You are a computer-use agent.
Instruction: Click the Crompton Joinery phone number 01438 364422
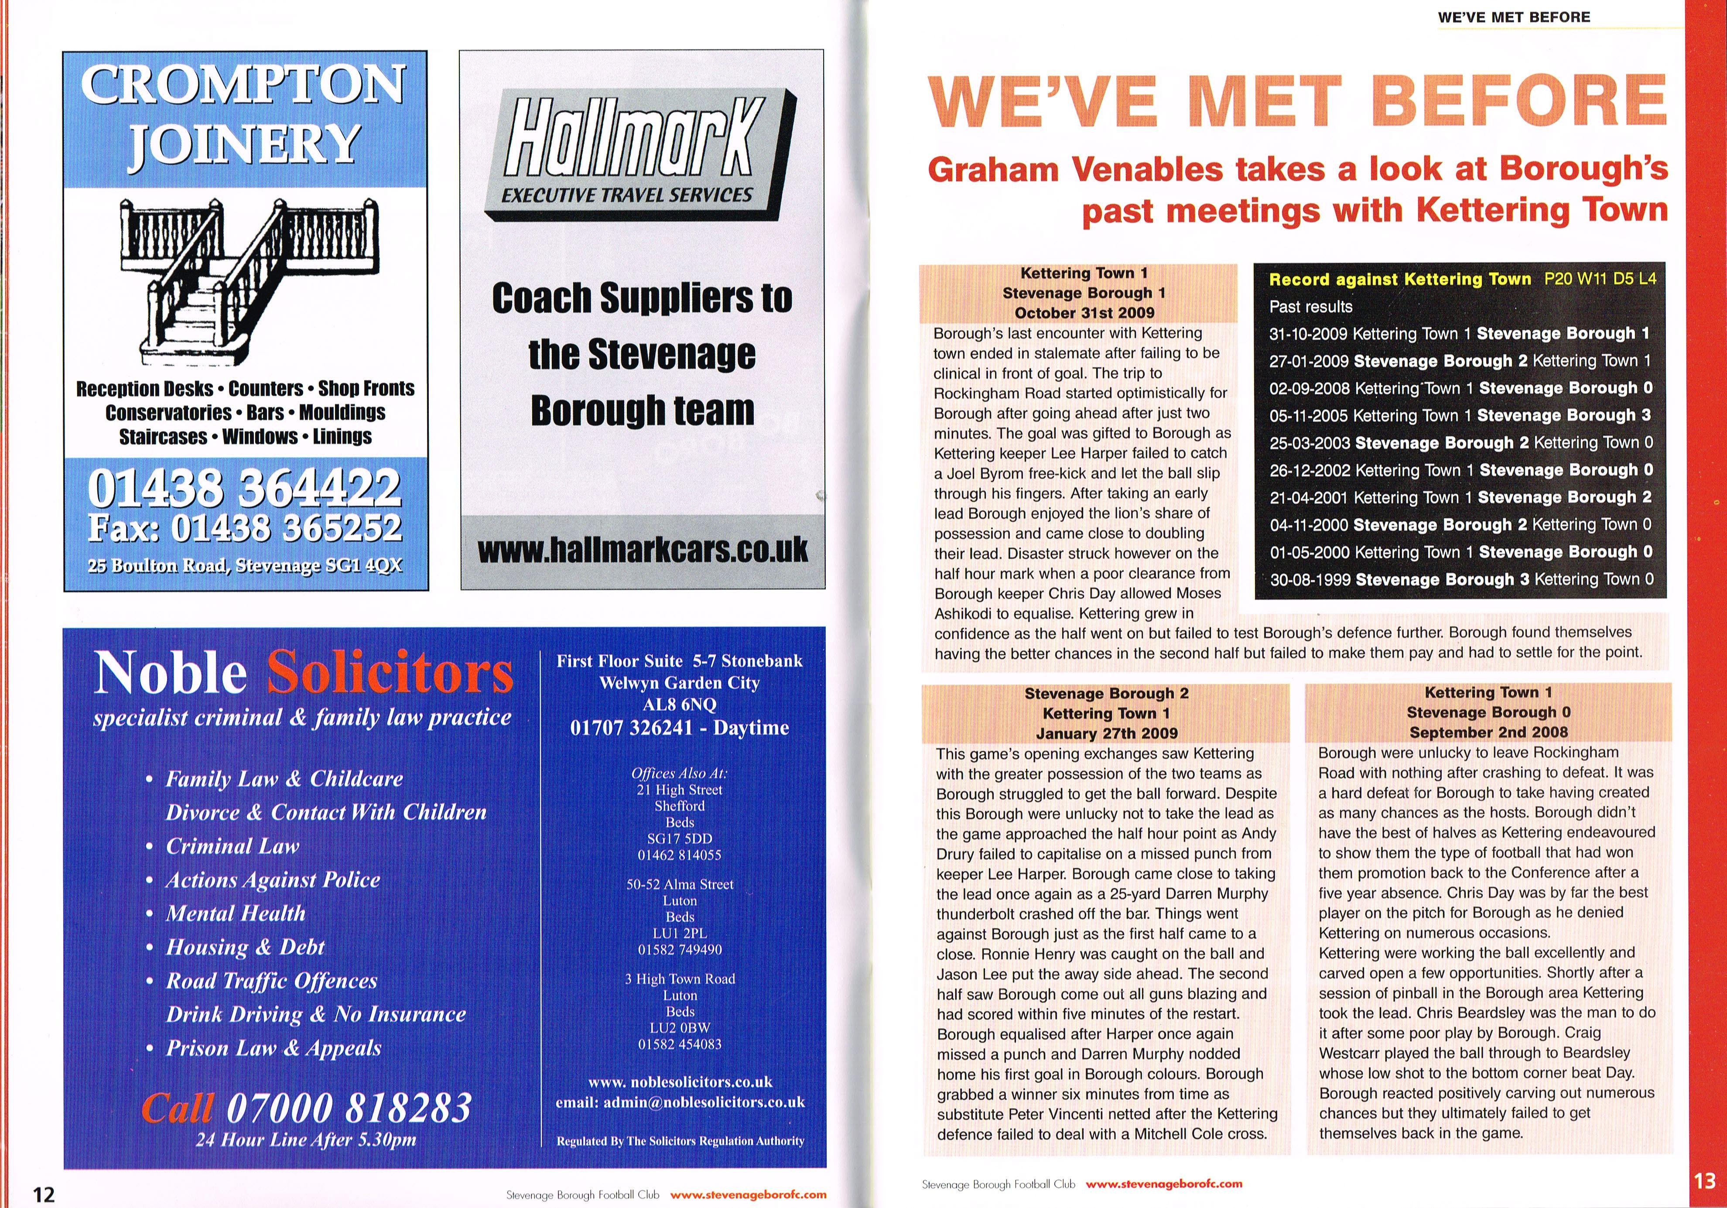[x=245, y=487]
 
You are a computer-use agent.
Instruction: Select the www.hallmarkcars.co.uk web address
[x=643, y=550]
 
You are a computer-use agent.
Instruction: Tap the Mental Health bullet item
[x=236, y=913]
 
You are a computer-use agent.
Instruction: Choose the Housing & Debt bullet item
[x=245, y=947]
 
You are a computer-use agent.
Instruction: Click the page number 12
[x=44, y=1194]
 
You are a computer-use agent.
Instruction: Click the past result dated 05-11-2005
[x=1461, y=415]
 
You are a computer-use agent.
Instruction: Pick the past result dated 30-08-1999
[x=1461, y=579]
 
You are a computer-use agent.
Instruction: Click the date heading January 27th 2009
[x=1106, y=732]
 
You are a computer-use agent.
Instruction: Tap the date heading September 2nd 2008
[x=1488, y=732]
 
